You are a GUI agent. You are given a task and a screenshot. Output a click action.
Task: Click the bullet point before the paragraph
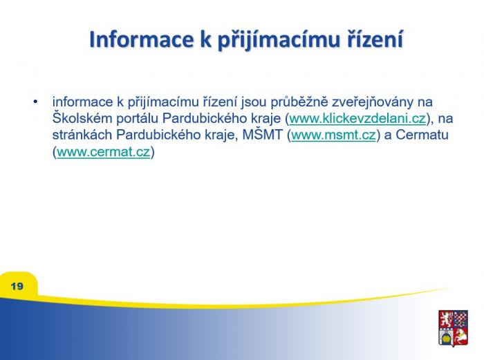(x=36, y=102)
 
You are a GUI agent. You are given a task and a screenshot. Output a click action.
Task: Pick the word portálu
(x=137, y=119)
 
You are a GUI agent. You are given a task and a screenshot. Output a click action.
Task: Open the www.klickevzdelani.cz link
(x=357, y=118)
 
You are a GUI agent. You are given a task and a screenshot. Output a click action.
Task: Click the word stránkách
(x=82, y=135)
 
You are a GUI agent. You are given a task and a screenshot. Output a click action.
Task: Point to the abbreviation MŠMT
(x=263, y=135)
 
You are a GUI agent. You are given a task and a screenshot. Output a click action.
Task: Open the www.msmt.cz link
(x=334, y=135)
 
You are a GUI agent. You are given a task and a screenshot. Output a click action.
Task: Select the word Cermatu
(x=422, y=135)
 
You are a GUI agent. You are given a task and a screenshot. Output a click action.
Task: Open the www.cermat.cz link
(x=103, y=152)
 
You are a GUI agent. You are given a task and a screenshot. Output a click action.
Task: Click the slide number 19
(x=17, y=286)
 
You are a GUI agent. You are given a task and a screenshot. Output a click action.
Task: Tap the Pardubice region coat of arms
(x=453, y=328)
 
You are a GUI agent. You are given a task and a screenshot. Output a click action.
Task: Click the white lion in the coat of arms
(x=446, y=319)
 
